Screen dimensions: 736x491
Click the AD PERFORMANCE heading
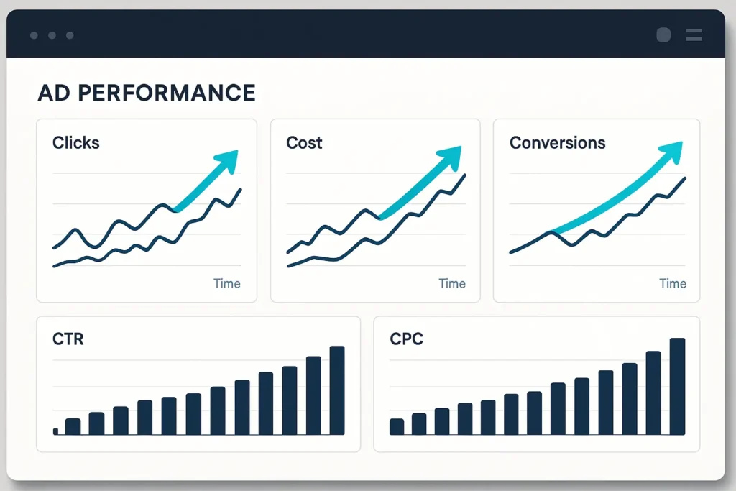147,93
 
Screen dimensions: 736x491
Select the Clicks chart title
76,143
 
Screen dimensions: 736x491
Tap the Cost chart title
304,143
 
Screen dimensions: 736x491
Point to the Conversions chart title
558,143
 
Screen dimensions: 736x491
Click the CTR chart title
68,339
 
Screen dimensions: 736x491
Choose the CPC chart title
407,339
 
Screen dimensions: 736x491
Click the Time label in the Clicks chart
227,283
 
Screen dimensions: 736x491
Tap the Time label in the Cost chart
452,283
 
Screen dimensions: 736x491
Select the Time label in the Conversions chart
673,283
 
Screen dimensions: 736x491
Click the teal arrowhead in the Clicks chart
229,160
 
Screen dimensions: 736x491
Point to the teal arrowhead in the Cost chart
451,156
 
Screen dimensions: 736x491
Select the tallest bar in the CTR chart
337,390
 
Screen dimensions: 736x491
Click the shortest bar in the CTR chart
56,432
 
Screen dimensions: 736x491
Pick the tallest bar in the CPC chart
677,386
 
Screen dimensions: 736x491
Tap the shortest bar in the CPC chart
397,427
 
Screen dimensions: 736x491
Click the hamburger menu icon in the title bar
694,35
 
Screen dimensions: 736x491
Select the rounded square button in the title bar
663,35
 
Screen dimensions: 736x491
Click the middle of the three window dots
52,35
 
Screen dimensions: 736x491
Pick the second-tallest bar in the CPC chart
653,393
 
